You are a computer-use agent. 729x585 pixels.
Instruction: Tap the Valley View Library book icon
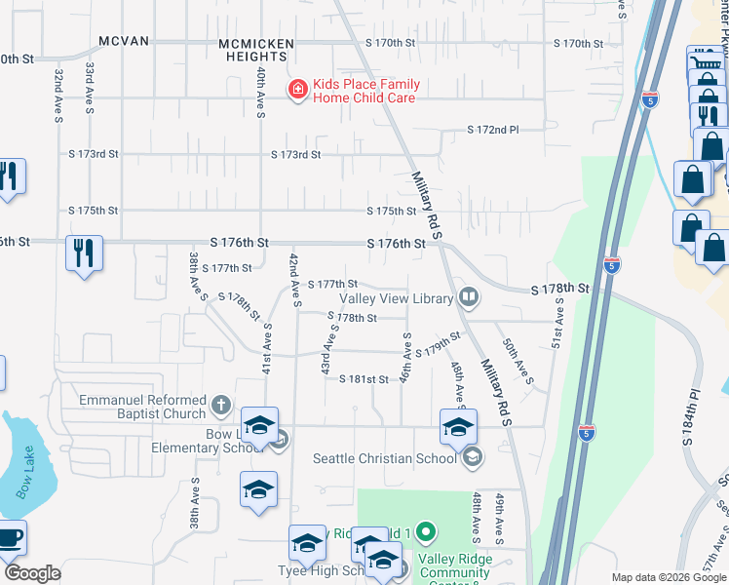pos(469,296)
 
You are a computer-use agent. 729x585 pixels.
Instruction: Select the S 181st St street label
pos(364,379)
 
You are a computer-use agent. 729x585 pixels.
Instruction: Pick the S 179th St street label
pos(437,346)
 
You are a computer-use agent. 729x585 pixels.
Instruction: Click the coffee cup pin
pos(10,537)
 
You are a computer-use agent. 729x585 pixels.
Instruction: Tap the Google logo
pos(32,573)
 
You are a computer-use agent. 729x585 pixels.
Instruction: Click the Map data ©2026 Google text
pos(668,577)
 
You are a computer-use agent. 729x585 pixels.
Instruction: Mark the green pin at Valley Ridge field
pos(425,532)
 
